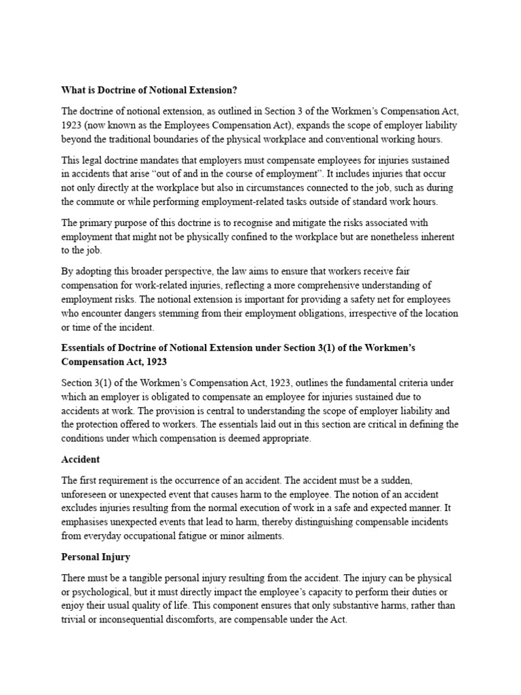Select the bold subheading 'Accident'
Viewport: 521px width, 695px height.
80,459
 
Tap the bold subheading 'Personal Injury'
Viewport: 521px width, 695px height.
96,557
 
